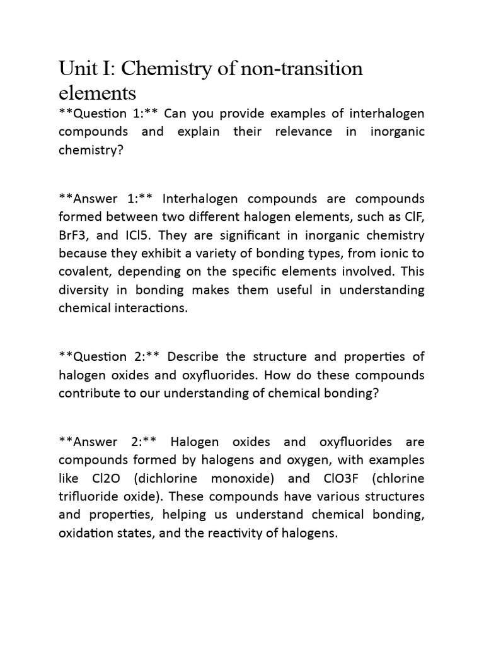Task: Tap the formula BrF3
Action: (74, 236)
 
